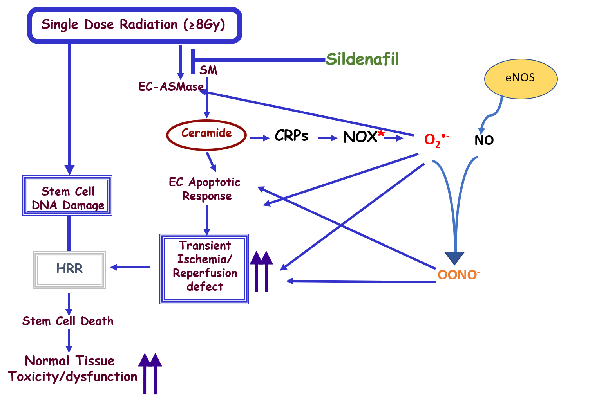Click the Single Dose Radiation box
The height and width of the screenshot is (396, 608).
tap(134, 25)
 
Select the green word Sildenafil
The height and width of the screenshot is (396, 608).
tap(362, 59)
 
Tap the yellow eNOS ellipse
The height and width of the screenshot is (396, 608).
tap(521, 79)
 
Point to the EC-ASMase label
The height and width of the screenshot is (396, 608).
tap(171, 86)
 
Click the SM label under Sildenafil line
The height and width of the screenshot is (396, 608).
tap(208, 70)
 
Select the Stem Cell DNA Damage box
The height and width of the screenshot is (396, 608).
tap(67, 196)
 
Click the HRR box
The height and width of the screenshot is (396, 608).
tap(69, 270)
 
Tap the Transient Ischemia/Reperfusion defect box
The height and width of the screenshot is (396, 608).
tap(204, 269)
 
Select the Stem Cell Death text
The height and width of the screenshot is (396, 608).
tap(68, 321)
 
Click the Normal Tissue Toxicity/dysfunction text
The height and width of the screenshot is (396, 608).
tap(72, 369)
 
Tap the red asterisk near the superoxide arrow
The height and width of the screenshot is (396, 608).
tap(381, 134)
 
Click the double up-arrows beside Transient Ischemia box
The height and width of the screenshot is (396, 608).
tap(261, 271)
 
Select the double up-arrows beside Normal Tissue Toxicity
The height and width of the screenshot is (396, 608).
tap(150, 373)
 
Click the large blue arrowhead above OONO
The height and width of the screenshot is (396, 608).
tap(454, 258)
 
